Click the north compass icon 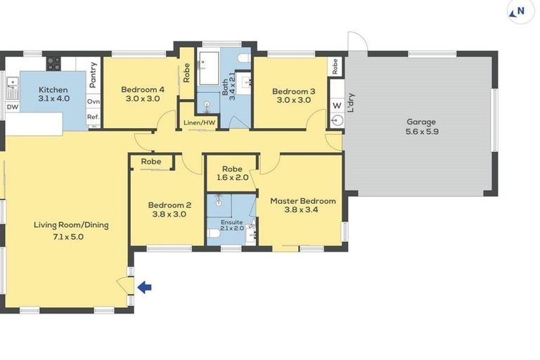(521, 12)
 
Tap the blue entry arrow (144, 287)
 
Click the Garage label (421, 122)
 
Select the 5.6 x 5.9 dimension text (422, 131)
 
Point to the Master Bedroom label (303, 201)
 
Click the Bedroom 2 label (169, 205)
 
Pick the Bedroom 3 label (293, 91)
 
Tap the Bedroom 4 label (143, 89)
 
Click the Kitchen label (53, 89)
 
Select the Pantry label (93, 75)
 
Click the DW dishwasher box (13, 107)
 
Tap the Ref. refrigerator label (94, 117)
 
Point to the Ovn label (94, 102)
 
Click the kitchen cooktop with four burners (53, 63)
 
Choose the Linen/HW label (200, 122)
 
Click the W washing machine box (337, 105)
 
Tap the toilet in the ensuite (214, 233)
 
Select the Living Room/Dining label (71, 225)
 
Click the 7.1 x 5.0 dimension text (68, 237)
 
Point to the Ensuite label (232, 222)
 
